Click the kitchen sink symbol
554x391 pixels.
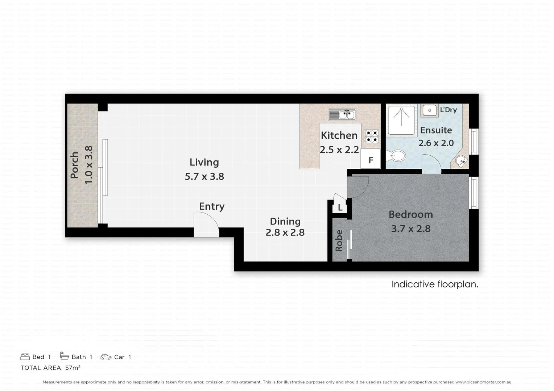(x=342, y=115)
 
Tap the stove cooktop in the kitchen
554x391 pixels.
(x=371, y=136)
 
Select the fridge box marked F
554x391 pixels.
(x=371, y=160)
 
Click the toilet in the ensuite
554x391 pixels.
(x=396, y=156)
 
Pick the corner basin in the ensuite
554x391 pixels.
(x=461, y=161)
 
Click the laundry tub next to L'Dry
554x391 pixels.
(x=430, y=110)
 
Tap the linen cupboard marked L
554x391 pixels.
(x=340, y=207)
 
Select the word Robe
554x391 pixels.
(x=339, y=241)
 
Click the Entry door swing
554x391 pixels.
(x=206, y=225)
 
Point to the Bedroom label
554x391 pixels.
(x=410, y=214)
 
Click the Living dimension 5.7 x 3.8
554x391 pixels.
(x=204, y=177)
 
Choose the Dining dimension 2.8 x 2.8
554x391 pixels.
(x=285, y=232)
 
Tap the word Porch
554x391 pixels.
(x=74, y=165)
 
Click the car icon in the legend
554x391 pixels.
(x=106, y=357)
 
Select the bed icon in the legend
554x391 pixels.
(x=25, y=357)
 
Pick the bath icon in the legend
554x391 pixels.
(x=65, y=356)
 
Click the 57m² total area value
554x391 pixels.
(x=73, y=368)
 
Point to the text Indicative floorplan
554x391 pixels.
(x=435, y=284)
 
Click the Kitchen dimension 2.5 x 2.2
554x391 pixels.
(x=339, y=150)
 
